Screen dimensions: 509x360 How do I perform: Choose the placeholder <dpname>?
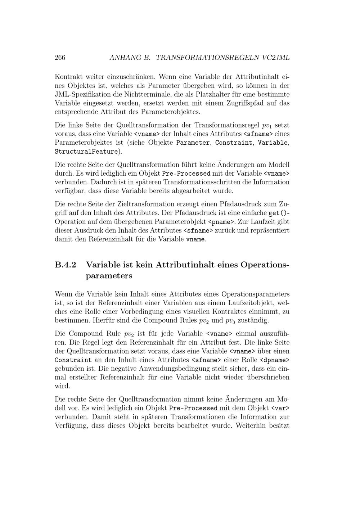point(275,360)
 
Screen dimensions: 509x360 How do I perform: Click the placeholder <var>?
point(280,409)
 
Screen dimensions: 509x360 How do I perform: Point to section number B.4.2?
point(66,265)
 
